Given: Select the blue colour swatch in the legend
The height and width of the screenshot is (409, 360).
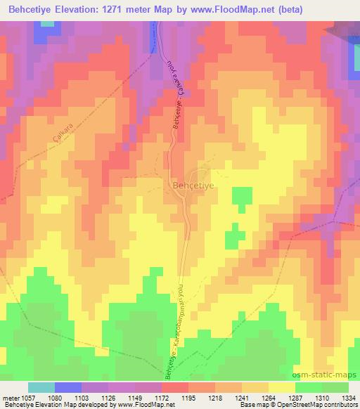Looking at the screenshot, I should pyautogui.click(x=67, y=387).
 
